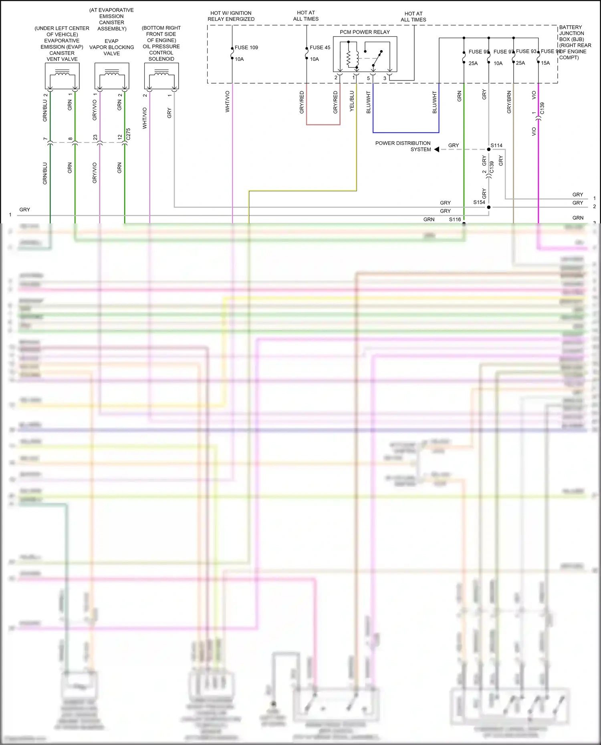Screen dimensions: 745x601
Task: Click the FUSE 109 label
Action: [x=246, y=48]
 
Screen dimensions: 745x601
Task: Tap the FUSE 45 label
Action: [x=320, y=48]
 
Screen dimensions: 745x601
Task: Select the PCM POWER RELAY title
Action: [x=365, y=32]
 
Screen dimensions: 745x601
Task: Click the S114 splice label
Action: [x=496, y=146]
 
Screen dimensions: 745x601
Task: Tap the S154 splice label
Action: [x=479, y=202]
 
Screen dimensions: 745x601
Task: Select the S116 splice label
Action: [x=455, y=219]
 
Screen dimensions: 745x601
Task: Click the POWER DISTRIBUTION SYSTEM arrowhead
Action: [x=437, y=149]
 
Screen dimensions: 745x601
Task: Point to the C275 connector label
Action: [x=128, y=134]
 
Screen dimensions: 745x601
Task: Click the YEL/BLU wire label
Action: [x=352, y=101]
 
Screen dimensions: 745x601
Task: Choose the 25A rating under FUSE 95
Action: [x=473, y=63]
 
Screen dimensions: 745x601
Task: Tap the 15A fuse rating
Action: [x=545, y=63]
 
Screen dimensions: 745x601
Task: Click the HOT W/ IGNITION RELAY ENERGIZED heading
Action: [x=231, y=16]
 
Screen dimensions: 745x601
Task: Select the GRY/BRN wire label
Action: [x=509, y=102]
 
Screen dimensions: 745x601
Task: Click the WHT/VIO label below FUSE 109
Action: [x=228, y=101]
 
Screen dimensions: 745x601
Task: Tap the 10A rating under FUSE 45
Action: [x=315, y=59]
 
